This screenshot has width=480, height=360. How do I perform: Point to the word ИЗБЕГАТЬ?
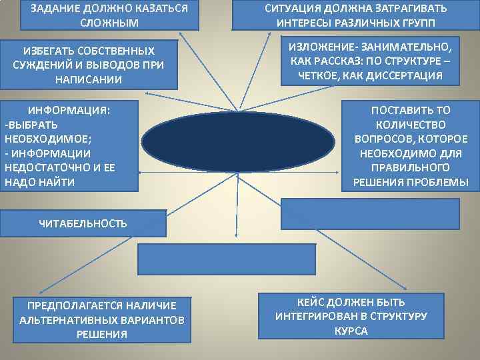(x=51, y=51)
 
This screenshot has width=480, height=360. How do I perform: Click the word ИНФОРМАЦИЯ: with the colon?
(x=69, y=109)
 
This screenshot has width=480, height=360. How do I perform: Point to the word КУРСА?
(x=351, y=331)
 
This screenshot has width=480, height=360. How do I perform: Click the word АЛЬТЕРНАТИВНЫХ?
(x=62, y=319)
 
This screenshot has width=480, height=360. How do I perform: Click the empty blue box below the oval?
(x=227, y=259)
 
